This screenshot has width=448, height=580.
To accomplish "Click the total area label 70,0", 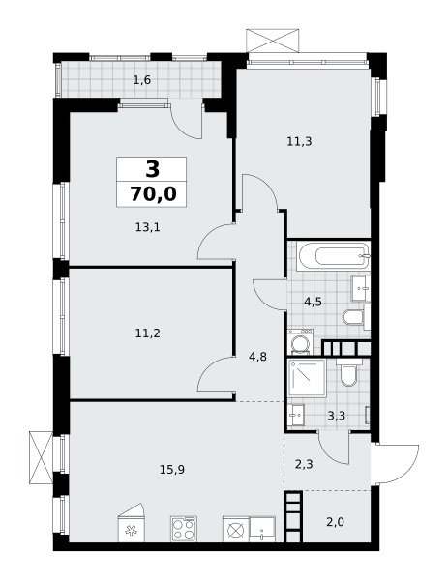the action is coord(153,194).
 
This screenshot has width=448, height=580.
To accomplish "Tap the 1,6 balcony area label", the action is coord(142,80).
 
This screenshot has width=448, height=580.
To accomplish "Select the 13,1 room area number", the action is coord(147,227).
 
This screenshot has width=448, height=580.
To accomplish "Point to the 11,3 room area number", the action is coord(299,141).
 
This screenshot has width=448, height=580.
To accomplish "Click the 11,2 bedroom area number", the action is coord(148,333).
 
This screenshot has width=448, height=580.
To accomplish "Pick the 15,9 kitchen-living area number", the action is coord(172,470).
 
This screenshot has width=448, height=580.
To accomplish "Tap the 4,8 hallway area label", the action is coord(258,357).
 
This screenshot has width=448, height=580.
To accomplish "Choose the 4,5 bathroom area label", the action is coord(313,302).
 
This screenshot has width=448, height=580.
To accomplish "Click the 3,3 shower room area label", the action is coord(336,416).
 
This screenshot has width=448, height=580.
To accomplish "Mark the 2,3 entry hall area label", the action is coord(304,464).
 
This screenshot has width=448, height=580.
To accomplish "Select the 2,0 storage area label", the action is coord(336,522).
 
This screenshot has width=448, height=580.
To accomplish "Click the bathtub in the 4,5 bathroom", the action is coord(334,255).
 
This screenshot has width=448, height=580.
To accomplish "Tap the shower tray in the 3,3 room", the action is coord(307,378).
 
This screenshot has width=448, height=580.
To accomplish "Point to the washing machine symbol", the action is coord(300,342).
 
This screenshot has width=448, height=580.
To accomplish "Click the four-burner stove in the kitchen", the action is coord(184,530).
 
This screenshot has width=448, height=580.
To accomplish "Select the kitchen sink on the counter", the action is coord(262,530).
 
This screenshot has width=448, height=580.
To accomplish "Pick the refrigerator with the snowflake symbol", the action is coord(131,523).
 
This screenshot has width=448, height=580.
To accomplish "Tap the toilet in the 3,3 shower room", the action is coord(348,372).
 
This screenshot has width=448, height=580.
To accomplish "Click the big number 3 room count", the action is coord(153,169).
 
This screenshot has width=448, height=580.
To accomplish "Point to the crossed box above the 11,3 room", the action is coord(273,41).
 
